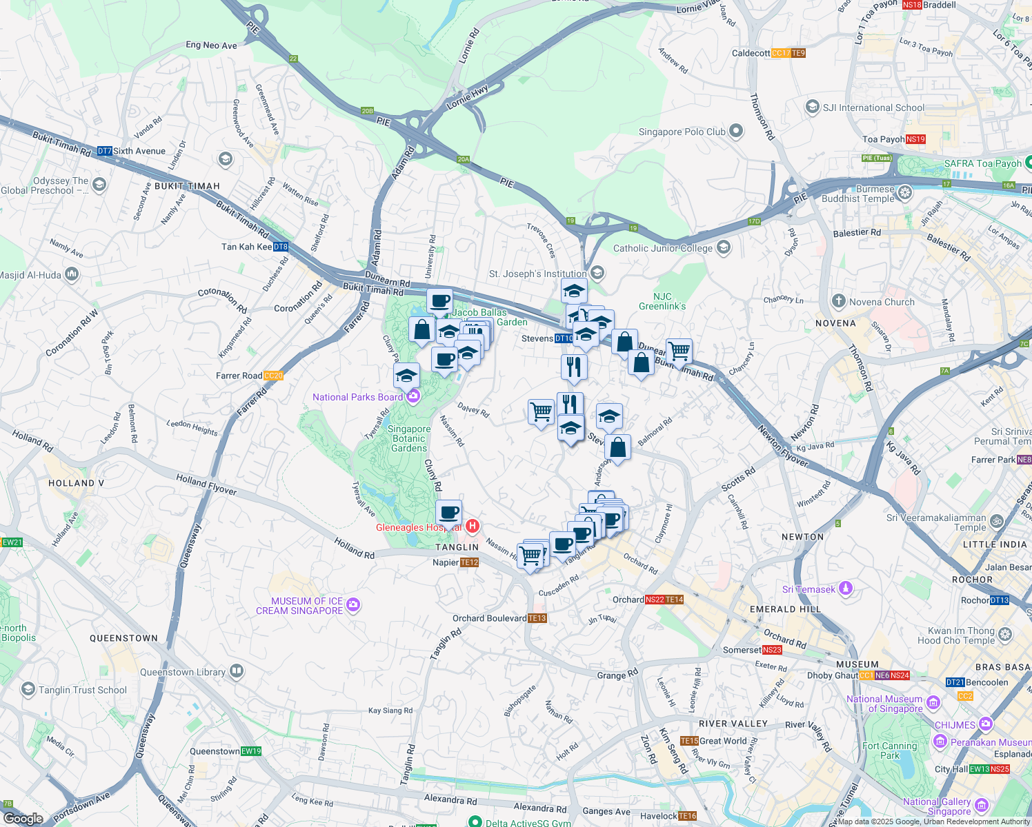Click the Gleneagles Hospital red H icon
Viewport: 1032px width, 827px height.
tap(473, 527)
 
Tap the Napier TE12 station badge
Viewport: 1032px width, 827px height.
tap(469, 562)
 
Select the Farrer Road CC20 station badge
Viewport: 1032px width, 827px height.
tap(273, 376)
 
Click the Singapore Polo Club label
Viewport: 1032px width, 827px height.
tap(682, 132)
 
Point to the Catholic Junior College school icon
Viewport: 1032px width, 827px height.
tap(724, 247)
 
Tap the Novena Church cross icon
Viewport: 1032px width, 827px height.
tap(838, 301)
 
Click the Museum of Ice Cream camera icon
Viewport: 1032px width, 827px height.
tap(353, 605)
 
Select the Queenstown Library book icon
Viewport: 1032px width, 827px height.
tap(237, 671)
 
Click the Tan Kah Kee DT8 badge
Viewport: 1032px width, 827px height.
tap(280, 247)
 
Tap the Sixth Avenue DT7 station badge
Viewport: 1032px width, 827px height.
tap(104, 151)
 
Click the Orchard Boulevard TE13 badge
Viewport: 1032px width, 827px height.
tap(537, 618)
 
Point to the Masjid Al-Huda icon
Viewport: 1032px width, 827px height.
tap(72, 274)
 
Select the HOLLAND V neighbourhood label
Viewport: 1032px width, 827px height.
tap(76, 483)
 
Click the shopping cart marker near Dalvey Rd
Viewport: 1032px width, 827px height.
tap(542, 412)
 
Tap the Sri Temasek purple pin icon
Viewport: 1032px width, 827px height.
tap(846, 589)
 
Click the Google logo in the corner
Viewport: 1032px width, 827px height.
tap(23, 818)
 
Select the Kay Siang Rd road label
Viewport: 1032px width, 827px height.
tap(390, 711)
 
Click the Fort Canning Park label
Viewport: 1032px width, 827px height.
tap(889, 751)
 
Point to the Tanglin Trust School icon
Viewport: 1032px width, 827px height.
tap(28, 689)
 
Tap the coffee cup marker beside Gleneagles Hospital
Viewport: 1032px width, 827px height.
tap(448, 513)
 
